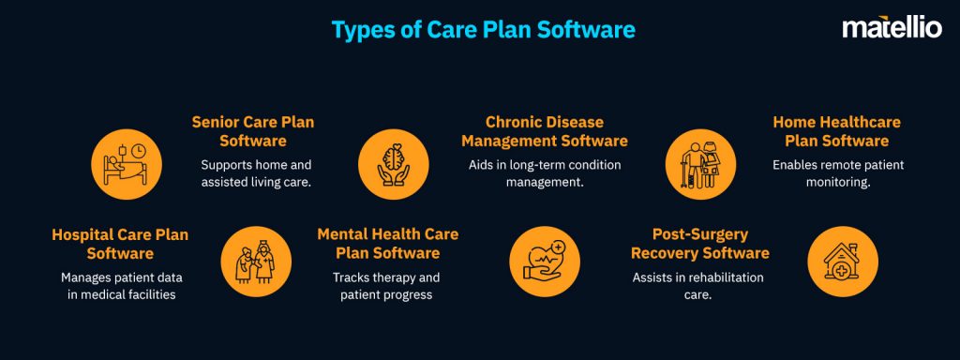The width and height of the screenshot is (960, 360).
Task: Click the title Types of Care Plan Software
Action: [483, 29]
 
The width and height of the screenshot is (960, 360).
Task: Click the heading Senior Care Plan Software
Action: [252, 131]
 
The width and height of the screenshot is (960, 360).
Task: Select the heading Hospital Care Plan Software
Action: [120, 244]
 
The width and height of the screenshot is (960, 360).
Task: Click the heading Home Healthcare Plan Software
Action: [831, 131]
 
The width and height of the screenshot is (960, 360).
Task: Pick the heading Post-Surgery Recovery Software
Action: [699, 244]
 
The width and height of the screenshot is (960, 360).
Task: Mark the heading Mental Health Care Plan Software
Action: [387, 244]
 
